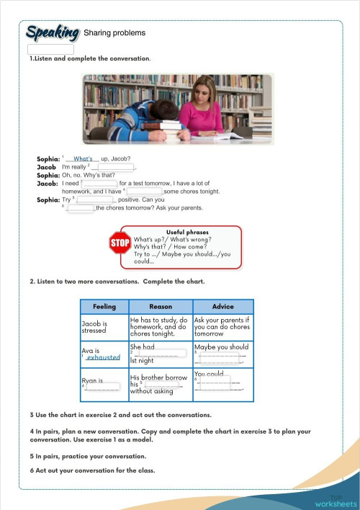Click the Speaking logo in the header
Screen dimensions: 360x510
point(52,32)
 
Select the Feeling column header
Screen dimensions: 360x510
point(104,306)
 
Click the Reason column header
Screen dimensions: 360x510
point(160,306)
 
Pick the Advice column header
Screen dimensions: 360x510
point(223,306)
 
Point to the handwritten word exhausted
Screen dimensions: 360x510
point(103,357)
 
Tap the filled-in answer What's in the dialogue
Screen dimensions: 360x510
point(83,158)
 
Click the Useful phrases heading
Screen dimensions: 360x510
point(187,232)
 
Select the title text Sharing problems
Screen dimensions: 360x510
point(114,33)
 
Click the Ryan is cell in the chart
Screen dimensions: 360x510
point(103,383)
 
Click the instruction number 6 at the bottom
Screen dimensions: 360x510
point(32,470)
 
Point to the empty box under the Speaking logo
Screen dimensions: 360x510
point(50,50)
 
